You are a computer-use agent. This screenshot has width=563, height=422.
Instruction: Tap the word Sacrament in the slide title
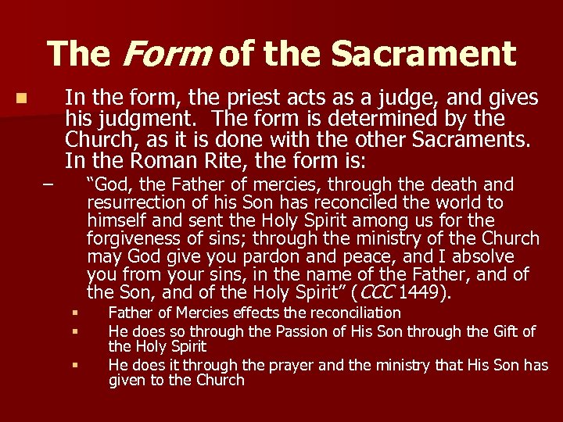click(423, 54)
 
